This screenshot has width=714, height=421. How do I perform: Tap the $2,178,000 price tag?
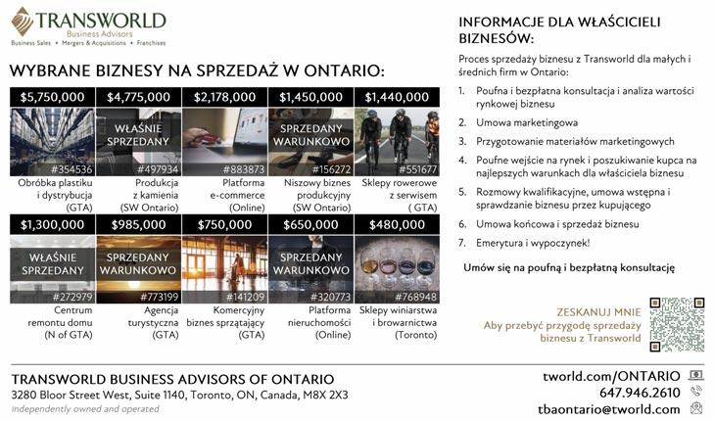tap(225, 97)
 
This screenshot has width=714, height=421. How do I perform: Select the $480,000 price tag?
tap(397, 224)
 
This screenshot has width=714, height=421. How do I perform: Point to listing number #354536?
tap(71, 168)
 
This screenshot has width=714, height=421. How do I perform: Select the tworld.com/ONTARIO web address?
tap(611, 376)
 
